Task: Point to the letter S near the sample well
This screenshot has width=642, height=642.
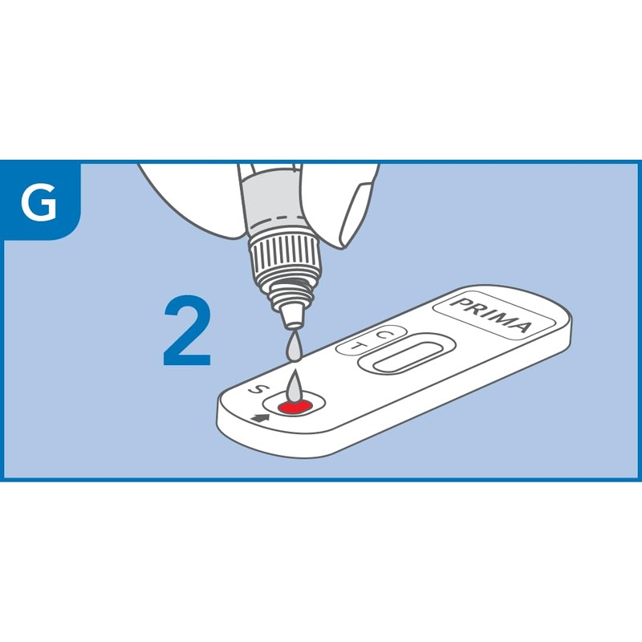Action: tap(256, 389)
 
